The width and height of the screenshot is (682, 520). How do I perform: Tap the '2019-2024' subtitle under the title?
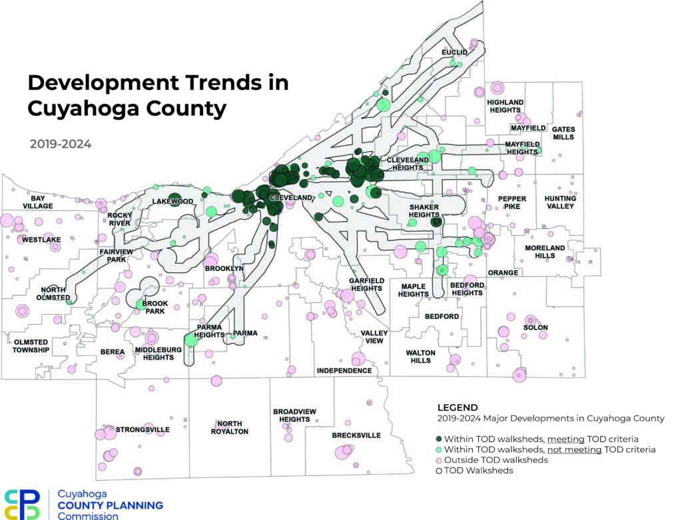(x=61, y=143)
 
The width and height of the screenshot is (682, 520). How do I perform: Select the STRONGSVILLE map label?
(x=143, y=429)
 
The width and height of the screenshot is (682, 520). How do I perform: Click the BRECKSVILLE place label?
(x=356, y=435)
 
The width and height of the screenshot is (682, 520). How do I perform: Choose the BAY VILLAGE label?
(x=37, y=202)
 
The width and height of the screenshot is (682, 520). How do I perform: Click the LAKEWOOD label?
(x=172, y=201)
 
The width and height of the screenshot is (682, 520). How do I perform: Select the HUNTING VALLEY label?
(x=560, y=202)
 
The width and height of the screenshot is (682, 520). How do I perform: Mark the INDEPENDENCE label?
(x=344, y=370)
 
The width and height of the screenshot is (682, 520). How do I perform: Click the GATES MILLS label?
(x=563, y=132)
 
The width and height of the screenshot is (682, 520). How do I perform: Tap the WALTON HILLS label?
(x=420, y=356)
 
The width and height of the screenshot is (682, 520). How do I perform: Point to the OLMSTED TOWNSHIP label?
(x=31, y=346)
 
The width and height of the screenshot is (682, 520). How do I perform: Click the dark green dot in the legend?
(x=439, y=439)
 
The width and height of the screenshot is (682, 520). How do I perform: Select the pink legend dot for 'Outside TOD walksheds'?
(x=439, y=460)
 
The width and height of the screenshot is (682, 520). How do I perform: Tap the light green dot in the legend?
(x=439, y=449)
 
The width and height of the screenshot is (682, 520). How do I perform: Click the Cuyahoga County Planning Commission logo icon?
(x=22, y=504)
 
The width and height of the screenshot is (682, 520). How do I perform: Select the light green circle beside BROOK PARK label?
(x=140, y=304)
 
